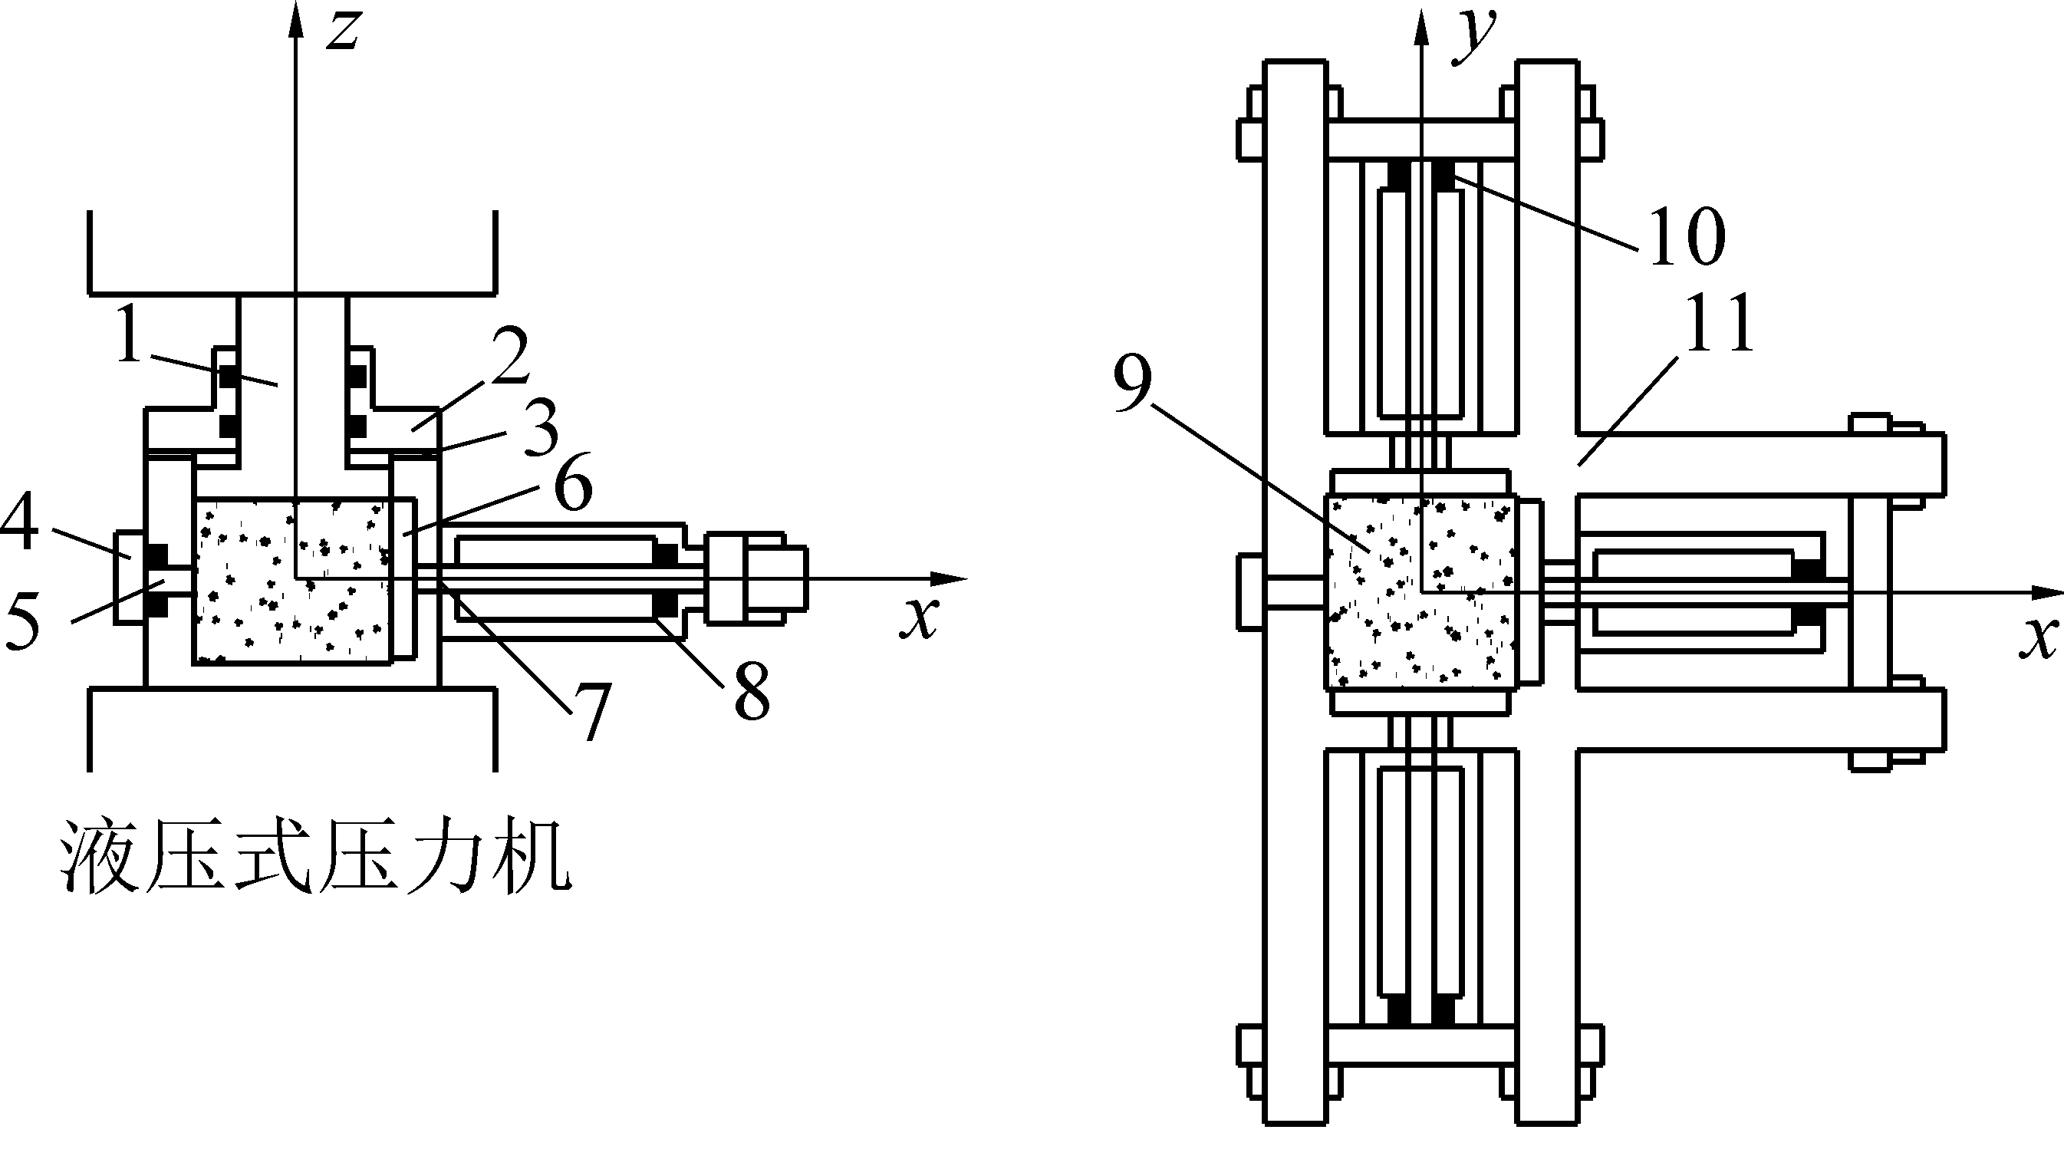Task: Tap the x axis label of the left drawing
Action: (x=919, y=617)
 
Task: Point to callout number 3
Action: (x=542, y=429)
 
